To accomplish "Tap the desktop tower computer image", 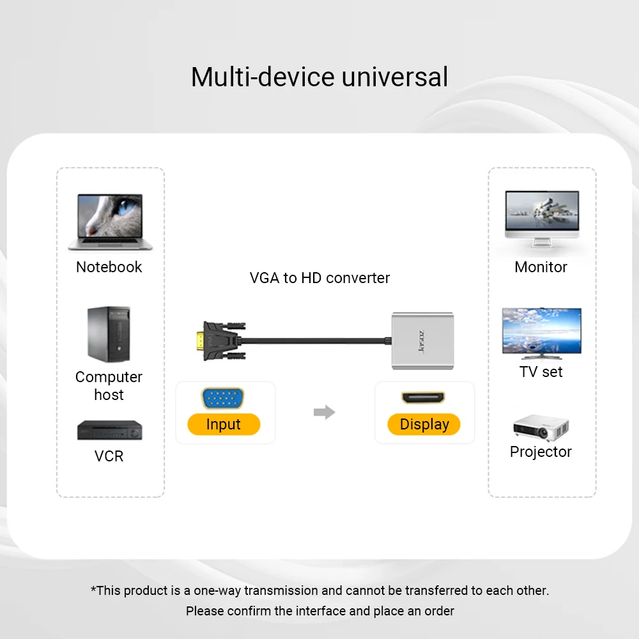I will (x=108, y=334).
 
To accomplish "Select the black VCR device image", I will (x=109, y=430).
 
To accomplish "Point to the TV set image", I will (x=541, y=331).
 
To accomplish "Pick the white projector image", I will (x=541, y=427).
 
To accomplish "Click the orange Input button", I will (x=224, y=424).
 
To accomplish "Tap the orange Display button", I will (x=424, y=424).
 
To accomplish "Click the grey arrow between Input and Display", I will (x=325, y=412).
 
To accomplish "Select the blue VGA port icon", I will (x=224, y=399).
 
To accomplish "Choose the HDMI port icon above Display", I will (x=424, y=397).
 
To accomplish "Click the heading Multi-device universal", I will (x=319, y=77).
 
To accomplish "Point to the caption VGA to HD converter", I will (x=319, y=278).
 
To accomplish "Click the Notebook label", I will (x=109, y=267).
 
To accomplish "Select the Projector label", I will (x=541, y=452).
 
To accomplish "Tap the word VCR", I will (x=109, y=456).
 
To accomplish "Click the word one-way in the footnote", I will (x=217, y=590).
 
